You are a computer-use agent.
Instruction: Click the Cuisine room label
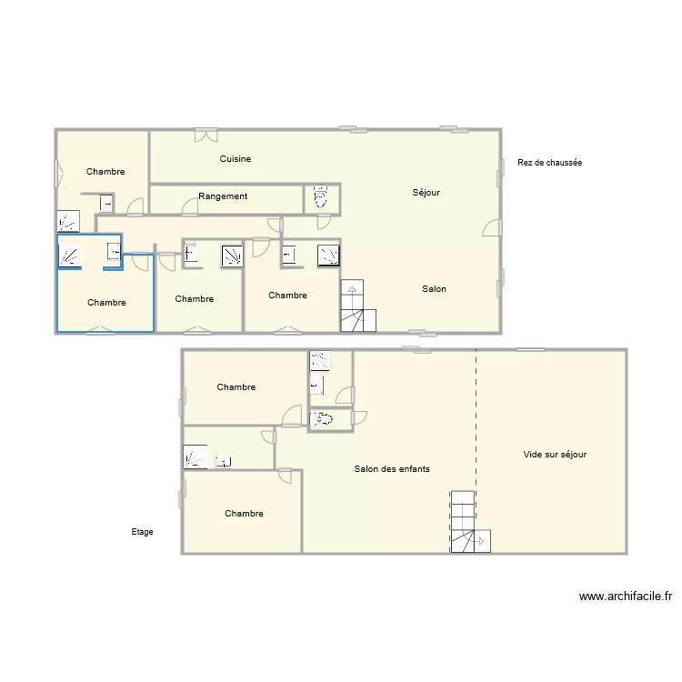236,159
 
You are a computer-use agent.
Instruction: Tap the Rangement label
223,196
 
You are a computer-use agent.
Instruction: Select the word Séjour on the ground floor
426,193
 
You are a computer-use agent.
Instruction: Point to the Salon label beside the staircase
434,289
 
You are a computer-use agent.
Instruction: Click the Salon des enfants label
392,469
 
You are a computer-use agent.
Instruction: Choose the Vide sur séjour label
555,455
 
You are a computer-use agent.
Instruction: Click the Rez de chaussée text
549,163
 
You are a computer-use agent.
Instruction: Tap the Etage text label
142,532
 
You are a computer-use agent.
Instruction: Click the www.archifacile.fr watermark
625,597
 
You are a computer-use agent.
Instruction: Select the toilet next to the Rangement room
320,197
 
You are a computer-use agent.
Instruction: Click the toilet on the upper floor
321,419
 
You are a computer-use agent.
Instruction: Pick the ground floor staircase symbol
357,306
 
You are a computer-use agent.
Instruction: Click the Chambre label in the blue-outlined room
106,303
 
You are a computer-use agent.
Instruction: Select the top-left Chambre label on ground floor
105,172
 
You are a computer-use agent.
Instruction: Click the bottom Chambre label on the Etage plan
244,514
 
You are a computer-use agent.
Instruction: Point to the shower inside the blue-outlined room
70,256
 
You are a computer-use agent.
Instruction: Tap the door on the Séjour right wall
492,227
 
